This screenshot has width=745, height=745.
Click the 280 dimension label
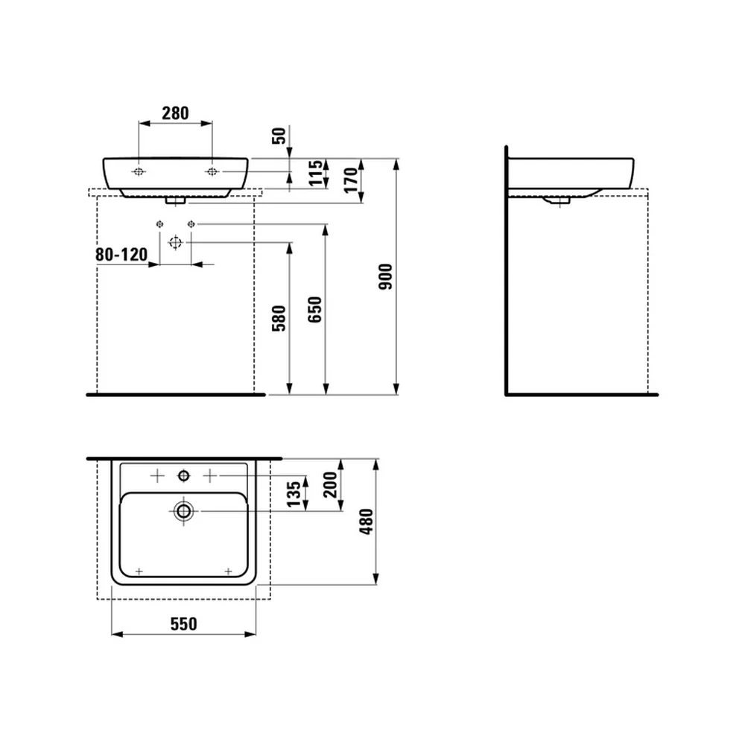point(175,113)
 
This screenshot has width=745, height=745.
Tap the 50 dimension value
point(279,136)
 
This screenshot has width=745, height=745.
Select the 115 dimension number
point(315,174)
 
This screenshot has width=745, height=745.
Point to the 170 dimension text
point(351,180)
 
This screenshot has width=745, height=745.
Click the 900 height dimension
point(385,276)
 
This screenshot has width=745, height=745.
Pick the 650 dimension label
point(314,310)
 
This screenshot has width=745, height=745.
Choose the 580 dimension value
point(279,318)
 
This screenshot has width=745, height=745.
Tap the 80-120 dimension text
point(121,255)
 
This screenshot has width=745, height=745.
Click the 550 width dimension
point(184,624)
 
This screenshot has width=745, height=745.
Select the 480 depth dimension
point(367,521)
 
